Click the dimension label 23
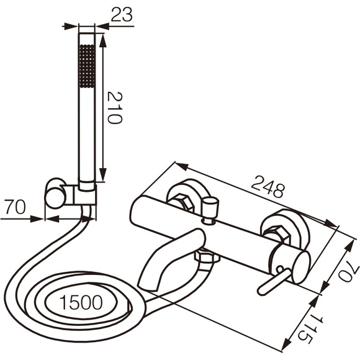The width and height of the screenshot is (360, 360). point(122,14)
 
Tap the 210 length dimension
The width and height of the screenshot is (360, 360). point(115,107)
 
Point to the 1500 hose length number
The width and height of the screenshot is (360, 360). point(81,302)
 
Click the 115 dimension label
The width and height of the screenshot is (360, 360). point(310,328)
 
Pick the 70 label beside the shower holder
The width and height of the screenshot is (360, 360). point(15,207)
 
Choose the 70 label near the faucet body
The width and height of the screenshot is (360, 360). point(349,271)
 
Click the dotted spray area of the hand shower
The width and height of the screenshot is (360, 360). point(87,66)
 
